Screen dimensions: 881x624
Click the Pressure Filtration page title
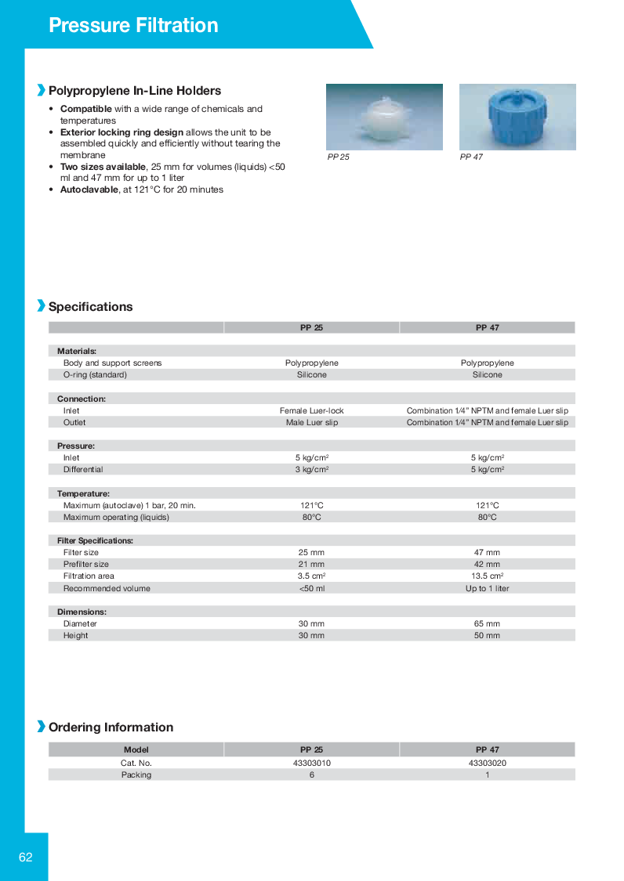coord(133,25)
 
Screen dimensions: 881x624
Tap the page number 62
coord(26,858)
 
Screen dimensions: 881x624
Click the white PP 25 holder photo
coord(384,117)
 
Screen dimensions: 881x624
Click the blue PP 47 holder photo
coord(517,117)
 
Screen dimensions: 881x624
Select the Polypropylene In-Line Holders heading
coord(135,91)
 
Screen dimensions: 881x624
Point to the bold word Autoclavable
coord(89,190)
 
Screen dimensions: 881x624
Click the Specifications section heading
coord(90,307)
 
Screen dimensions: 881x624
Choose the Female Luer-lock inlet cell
coord(311,410)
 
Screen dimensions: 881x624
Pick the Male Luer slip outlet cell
coord(311,422)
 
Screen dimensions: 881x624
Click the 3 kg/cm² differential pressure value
coord(311,470)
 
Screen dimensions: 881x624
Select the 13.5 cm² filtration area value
coord(487,576)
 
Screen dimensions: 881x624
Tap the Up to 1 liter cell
coord(487,588)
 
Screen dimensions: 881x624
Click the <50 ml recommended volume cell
coord(311,588)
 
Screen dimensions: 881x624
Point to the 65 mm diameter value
coord(487,624)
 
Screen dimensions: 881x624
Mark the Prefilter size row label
coord(86,565)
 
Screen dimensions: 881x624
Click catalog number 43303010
coord(311,763)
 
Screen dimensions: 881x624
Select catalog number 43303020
coord(487,763)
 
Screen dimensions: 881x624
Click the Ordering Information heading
coord(111,728)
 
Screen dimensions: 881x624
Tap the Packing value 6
coord(311,774)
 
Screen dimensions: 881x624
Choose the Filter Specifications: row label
coord(95,540)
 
